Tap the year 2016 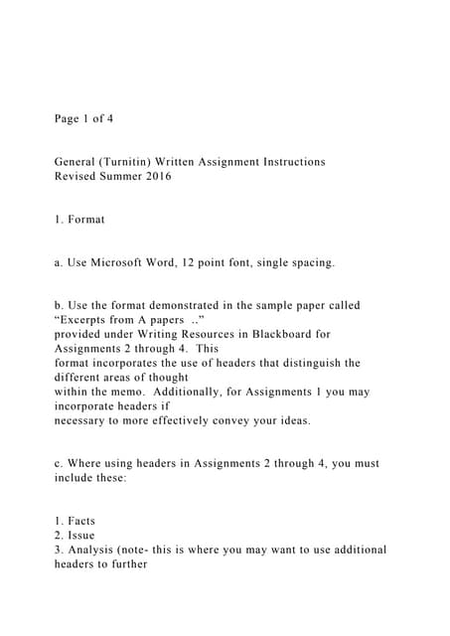point(157,177)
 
